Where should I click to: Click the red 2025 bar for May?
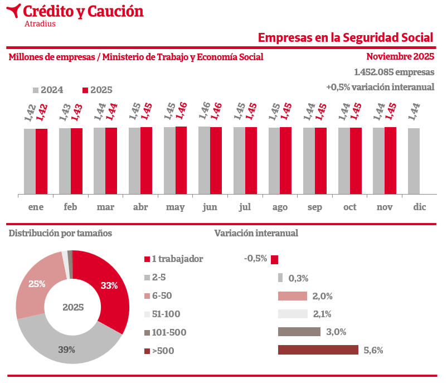pos(181,161)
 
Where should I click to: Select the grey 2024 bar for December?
pos(414,161)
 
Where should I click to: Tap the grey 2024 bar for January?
pos(30,162)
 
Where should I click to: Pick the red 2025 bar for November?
pos(390,161)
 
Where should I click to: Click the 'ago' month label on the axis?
pos(280,207)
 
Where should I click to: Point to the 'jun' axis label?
pos(210,207)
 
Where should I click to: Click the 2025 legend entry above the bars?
pos(97,90)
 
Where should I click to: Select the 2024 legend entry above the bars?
pos(48,90)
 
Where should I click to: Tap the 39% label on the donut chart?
pos(67,350)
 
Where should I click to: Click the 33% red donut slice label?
pos(109,285)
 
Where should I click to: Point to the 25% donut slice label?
pos(37,284)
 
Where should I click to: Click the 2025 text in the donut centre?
pos(73,307)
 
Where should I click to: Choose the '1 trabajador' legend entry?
pos(173,259)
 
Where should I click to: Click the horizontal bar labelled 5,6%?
pos(318,350)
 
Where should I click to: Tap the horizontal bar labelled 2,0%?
pos(293,296)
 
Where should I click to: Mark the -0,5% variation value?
pos(256,259)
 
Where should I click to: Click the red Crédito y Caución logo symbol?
pos(15,11)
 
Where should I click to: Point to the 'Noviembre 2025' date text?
pos(400,56)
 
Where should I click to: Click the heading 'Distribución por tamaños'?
pos(60,233)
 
